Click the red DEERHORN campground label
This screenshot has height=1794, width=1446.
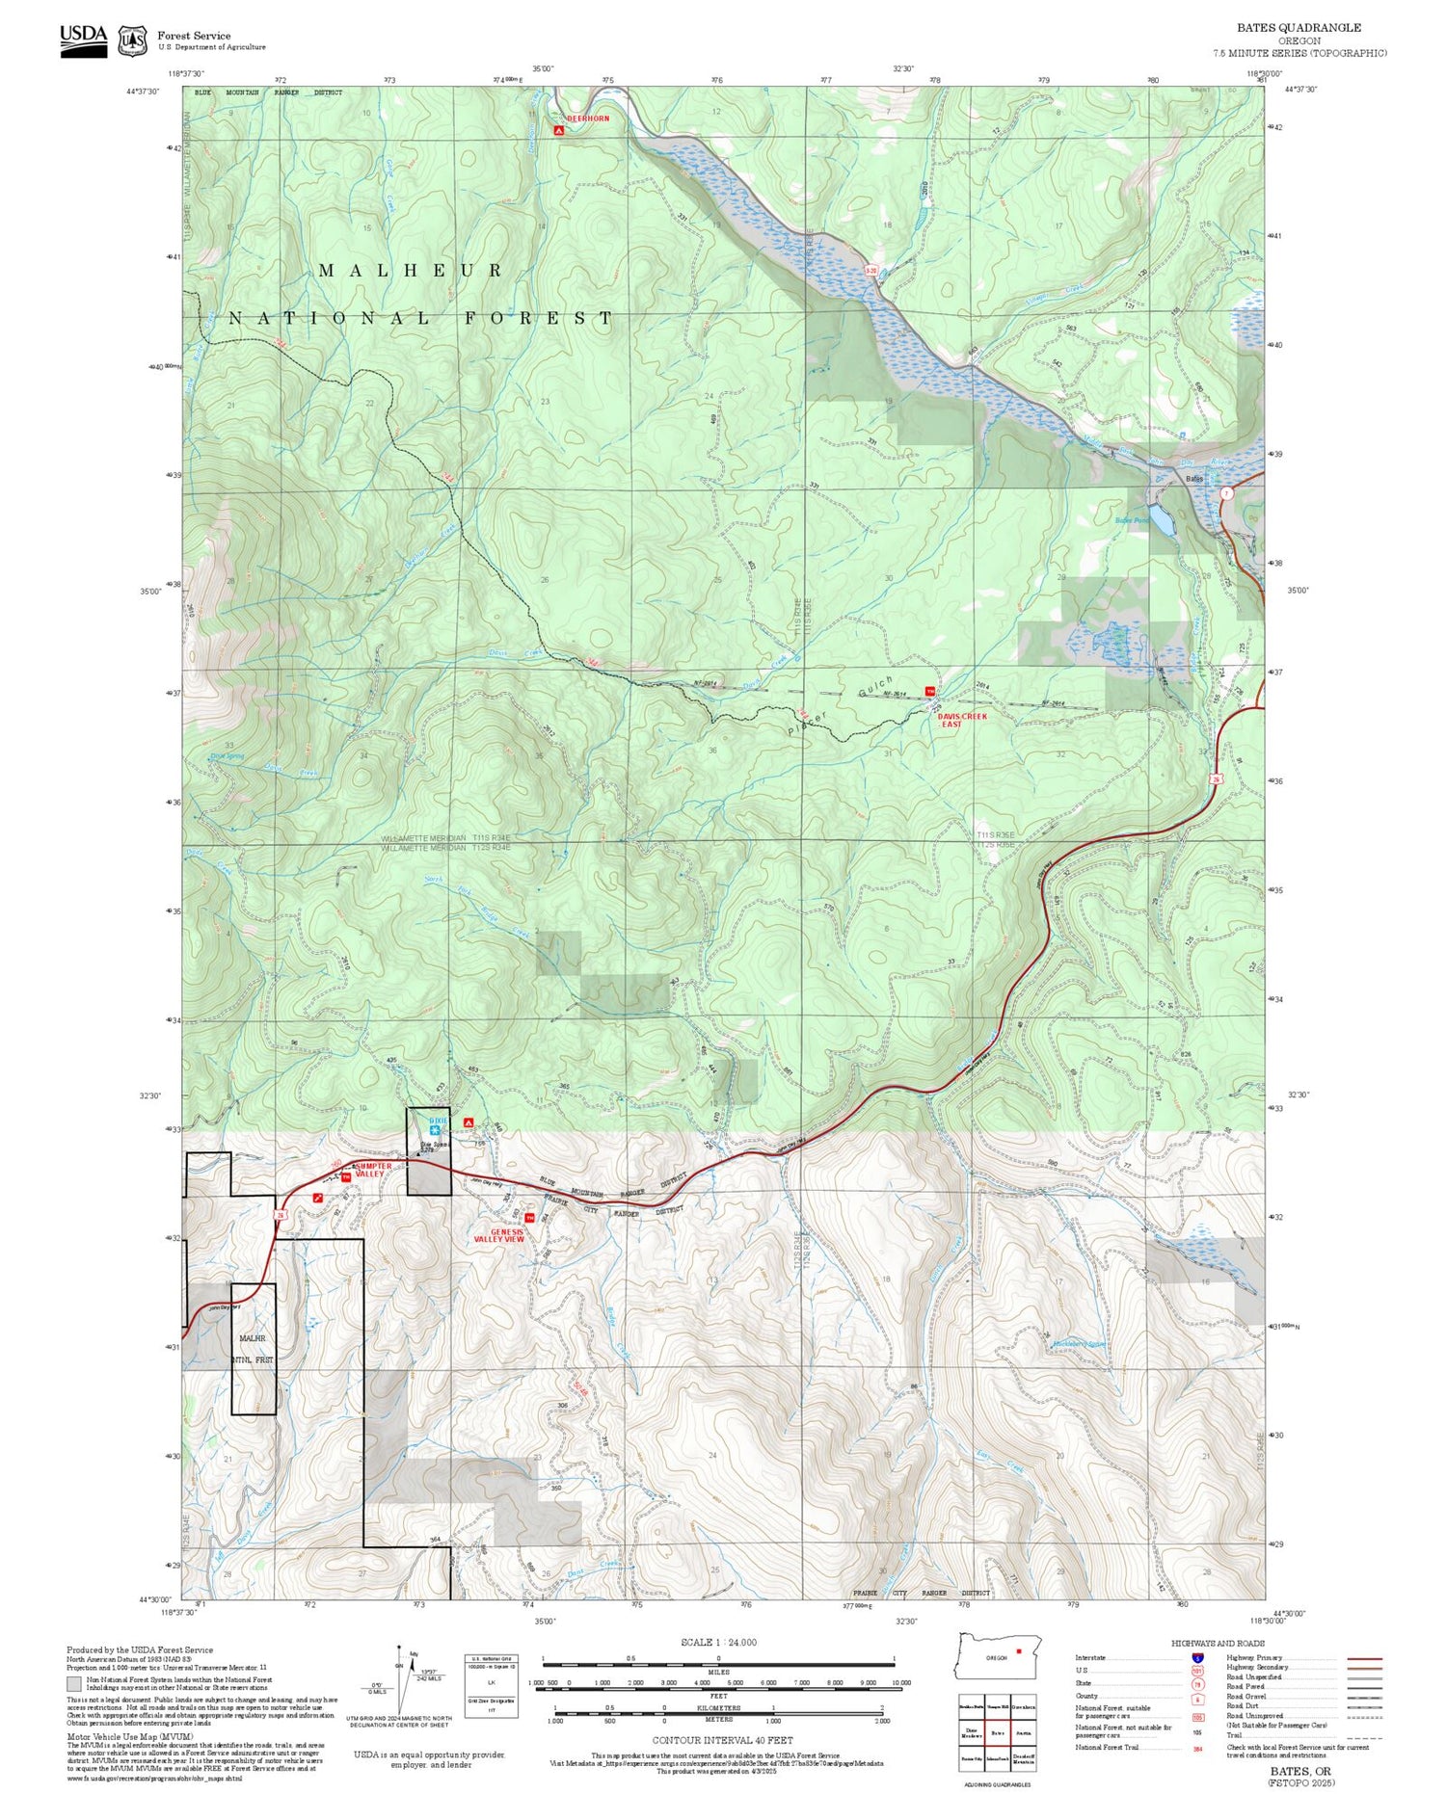588,119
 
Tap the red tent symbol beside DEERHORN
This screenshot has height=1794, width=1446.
557,128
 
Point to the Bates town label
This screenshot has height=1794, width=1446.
1194,479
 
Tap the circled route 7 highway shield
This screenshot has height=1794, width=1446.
1226,493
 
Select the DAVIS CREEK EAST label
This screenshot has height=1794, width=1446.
961,720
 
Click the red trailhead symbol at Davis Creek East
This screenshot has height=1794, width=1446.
930,691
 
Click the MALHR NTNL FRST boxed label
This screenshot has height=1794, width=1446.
254,1349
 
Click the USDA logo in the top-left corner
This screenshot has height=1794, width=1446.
84,40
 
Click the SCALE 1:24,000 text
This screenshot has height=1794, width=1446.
718,1642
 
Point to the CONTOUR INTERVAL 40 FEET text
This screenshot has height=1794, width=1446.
722,1740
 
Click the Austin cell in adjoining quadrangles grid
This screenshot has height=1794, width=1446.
1023,1731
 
